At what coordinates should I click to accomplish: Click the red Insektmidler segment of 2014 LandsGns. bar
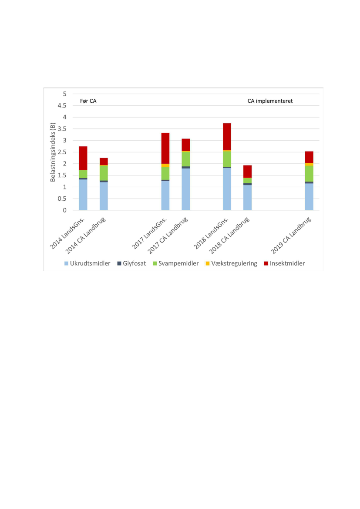click(x=83, y=158)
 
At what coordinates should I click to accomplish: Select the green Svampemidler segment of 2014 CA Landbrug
click(x=104, y=173)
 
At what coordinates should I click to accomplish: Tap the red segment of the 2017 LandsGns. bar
click(x=165, y=148)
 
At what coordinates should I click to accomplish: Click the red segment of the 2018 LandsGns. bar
click(x=227, y=137)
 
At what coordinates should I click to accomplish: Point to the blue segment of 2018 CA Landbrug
click(x=247, y=198)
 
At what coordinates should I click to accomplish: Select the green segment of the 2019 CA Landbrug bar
click(x=309, y=173)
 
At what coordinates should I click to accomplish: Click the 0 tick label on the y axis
click(x=64, y=210)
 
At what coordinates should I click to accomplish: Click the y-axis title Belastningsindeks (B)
click(x=53, y=152)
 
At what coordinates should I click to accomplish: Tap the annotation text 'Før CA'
click(x=88, y=101)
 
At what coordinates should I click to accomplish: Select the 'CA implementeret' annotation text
click(x=270, y=101)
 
